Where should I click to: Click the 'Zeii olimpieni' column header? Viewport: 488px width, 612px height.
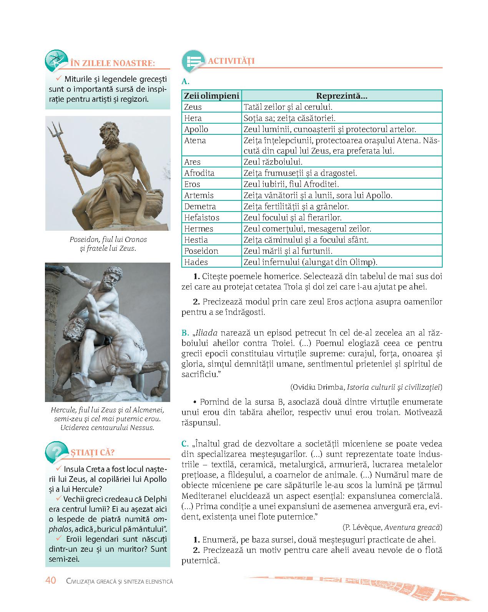point(211,96)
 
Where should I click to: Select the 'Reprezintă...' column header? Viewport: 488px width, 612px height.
point(342,96)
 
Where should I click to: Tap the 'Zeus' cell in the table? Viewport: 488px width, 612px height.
point(193,107)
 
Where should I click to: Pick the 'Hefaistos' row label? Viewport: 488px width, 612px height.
point(202,218)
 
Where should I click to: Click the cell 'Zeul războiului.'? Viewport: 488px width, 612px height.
point(273,162)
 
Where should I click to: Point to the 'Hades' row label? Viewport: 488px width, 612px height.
point(196,262)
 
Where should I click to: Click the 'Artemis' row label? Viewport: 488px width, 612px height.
point(199,195)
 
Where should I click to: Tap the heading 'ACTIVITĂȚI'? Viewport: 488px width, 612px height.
point(231,61)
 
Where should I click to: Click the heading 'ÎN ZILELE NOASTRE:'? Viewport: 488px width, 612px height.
point(113,63)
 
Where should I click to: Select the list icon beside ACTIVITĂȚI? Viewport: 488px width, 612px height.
point(192,61)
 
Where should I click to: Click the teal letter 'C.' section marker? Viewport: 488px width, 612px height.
point(185,444)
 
